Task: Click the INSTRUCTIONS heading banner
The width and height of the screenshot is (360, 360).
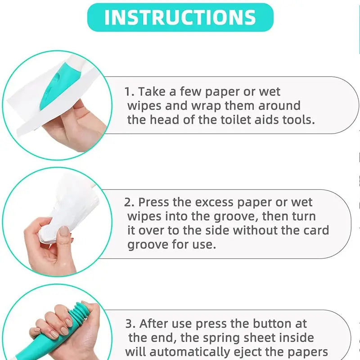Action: pyautogui.click(x=180, y=17)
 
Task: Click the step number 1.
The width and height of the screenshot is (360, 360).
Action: pyautogui.click(x=129, y=92)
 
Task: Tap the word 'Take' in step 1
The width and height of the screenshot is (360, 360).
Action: pyautogui.click(x=152, y=91)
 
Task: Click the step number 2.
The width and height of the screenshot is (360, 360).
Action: pyautogui.click(x=129, y=202)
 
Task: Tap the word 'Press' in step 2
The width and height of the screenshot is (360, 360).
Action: pyautogui.click(x=154, y=202)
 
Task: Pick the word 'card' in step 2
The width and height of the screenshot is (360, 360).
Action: pyautogui.click(x=316, y=230)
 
